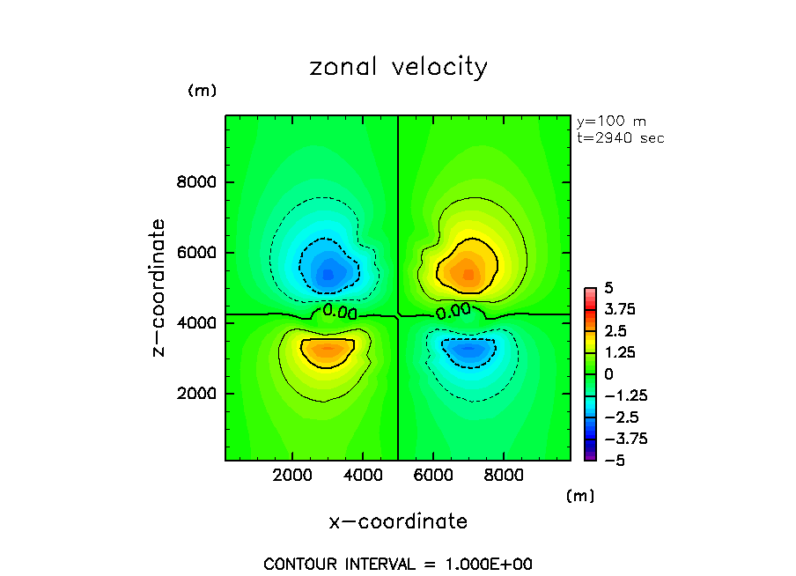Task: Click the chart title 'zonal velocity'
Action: tap(398, 68)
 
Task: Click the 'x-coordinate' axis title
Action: tap(398, 521)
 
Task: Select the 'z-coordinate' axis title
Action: tap(159, 288)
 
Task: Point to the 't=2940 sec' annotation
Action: tap(620, 138)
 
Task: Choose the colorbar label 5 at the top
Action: tap(608, 289)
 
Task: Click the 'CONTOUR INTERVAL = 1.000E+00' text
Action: tap(398, 564)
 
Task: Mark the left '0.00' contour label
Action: tap(340, 311)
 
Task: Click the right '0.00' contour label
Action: tap(453, 311)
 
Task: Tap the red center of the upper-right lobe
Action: tap(469, 275)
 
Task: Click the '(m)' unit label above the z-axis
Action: tap(202, 91)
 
